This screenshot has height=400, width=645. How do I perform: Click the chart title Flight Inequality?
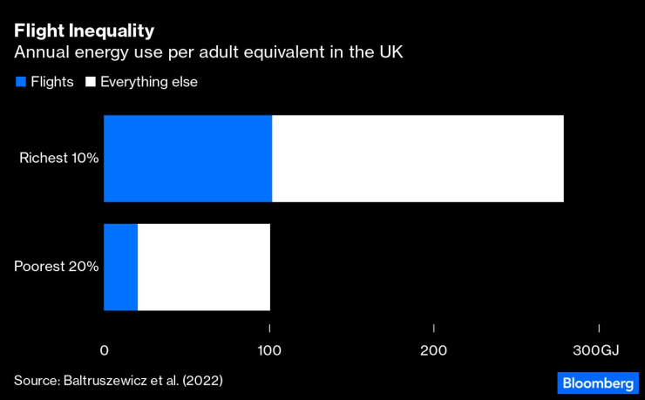(x=84, y=31)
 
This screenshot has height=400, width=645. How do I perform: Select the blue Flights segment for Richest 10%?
(x=187, y=159)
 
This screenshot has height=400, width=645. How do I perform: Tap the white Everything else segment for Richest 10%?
(x=418, y=159)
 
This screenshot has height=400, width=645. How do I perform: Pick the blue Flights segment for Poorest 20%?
(x=120, y=267)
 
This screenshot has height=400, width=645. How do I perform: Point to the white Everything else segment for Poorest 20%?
(x=204, y=267)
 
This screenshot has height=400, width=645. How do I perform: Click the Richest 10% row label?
(x=59, y=159)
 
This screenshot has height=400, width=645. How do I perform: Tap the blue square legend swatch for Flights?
(x=20, y=82)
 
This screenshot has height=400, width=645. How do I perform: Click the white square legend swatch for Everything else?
(x=90, y=82)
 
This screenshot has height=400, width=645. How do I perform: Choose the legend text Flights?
(x=52, y=82)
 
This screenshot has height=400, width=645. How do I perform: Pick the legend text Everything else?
(x=149, y=82)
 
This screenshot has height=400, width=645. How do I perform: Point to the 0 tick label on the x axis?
(x=105, y=350)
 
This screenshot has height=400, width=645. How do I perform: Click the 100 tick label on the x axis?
(x=269, y=350)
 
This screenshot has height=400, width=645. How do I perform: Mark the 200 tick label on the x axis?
(x=434, y=350)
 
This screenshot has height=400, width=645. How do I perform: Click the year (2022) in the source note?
(x=201, y=381)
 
